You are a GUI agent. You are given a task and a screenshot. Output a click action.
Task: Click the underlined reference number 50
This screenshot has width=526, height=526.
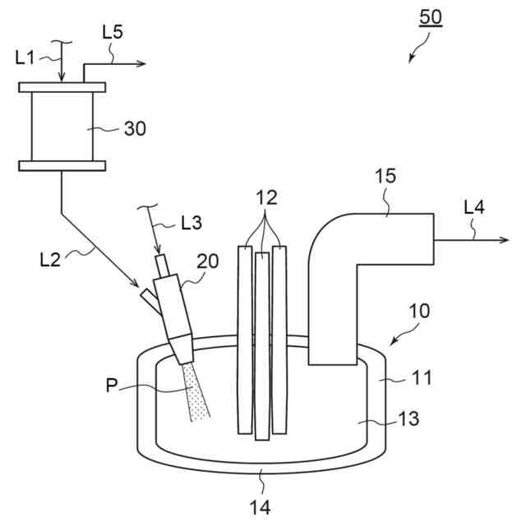[x=431, y=18]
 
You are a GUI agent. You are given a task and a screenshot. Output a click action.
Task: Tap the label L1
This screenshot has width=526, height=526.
[x=25, y=58]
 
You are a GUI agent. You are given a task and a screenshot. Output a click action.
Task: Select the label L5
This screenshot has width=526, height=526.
[x=113, y=32]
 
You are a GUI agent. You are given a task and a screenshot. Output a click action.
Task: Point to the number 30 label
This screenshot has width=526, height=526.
[x=135, y=128]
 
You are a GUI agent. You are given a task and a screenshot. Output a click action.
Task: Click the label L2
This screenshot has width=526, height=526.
[x=50, y=260]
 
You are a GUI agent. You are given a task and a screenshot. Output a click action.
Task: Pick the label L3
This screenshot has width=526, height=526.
[x=191, y=223]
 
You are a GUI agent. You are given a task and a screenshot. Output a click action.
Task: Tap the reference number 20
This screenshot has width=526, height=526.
[x=208, y=261]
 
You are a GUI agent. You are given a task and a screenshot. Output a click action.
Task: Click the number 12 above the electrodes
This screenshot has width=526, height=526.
[x=266, y=197]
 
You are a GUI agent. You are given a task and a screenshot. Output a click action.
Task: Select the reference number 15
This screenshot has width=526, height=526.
[x=385, y=176]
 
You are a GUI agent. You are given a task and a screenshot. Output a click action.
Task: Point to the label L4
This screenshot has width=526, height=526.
[x=474, y=207]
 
